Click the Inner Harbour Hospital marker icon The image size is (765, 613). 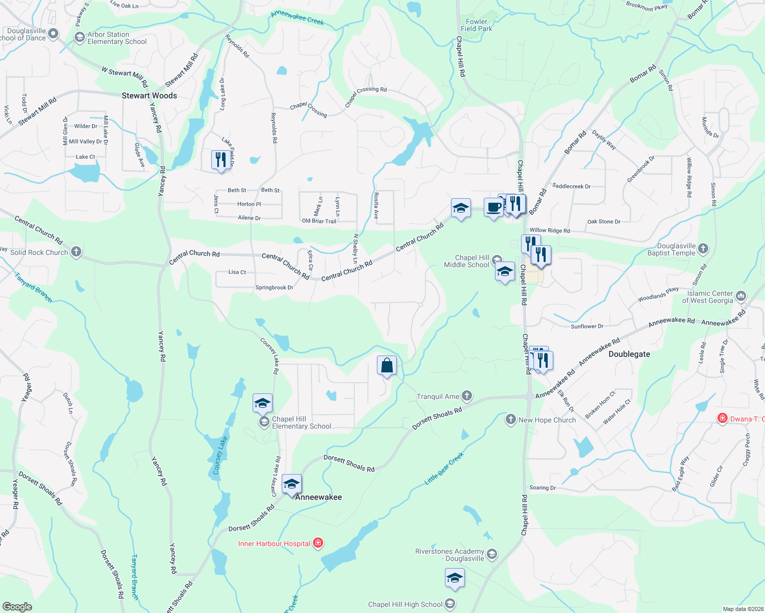[x=318, y=543]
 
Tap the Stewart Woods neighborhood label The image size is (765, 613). [x=149, y=96]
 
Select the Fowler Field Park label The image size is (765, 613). [x=477, y=25]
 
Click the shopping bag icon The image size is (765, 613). [x=387, y=366]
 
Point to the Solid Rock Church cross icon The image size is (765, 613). [x=76, y=251]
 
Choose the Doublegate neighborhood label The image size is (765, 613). [x=629, y=354]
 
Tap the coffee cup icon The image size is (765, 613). [x=493, y=208]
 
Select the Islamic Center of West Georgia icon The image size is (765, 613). [x=741, y=296]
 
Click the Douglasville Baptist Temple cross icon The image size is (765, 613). [x=703, y=248]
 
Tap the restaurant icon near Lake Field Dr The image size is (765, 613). [x=220, y=159]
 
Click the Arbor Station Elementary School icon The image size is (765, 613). [x=79, y=37]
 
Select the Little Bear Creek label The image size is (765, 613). [x=444, y=468]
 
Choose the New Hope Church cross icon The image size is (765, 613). [x=510, y=419]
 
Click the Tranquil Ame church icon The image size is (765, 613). [x=466, y=396]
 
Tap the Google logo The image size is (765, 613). [x=17, y=606]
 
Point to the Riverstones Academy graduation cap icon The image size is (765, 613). [x=492, y=554]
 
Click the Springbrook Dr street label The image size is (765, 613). [x=274, y=288]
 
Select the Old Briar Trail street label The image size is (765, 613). [x=319, y=221]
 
